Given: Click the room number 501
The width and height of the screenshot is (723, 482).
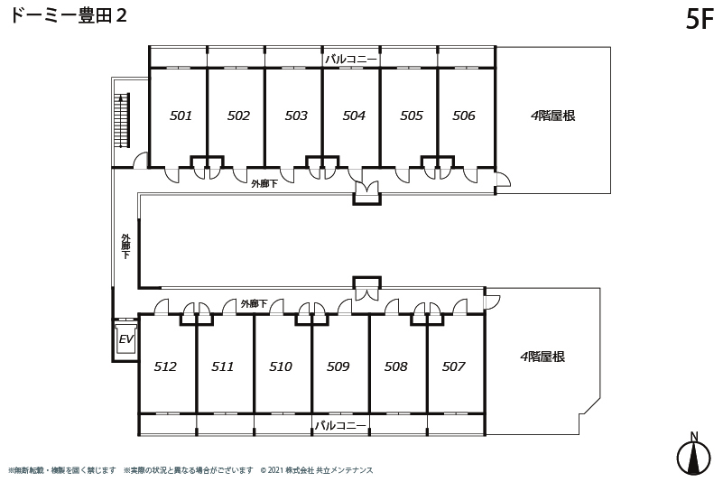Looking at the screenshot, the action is (x=181, y=116).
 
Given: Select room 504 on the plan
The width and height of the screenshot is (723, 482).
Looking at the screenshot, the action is (x=354, y=116).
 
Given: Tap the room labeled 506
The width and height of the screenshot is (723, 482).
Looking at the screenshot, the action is (x=463, y=116).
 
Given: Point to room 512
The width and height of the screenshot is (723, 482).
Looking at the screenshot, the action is (x=165, y=366).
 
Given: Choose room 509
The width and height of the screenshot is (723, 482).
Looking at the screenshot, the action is (x=338, y=366).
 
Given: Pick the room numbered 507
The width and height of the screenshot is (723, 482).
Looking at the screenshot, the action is (x=453, y=366).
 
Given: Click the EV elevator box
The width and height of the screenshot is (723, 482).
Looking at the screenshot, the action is (x=125, y=339).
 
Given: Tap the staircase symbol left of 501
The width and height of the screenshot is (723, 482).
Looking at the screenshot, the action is (x=122, y=121).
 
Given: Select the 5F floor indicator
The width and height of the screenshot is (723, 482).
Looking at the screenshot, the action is (x=700, y=19).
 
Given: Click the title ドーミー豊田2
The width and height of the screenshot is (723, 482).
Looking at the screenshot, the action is (x=69, y=15).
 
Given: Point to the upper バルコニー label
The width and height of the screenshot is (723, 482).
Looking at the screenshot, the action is (x=351, y=59).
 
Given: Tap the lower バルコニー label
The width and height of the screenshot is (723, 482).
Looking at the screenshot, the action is (x=340, y=425).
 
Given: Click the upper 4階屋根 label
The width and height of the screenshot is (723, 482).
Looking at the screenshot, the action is (x=552, y=116).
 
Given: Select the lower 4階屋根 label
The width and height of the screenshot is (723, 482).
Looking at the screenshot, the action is (x=542, y=357).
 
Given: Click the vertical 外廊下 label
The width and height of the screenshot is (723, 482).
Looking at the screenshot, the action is (x=125, y=246).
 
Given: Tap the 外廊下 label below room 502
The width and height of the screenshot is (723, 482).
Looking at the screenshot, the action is (x=264, y=183).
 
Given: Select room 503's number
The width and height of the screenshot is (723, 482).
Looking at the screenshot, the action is (x=295, y=116).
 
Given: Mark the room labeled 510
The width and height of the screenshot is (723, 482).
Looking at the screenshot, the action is (x=281, y=366).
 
